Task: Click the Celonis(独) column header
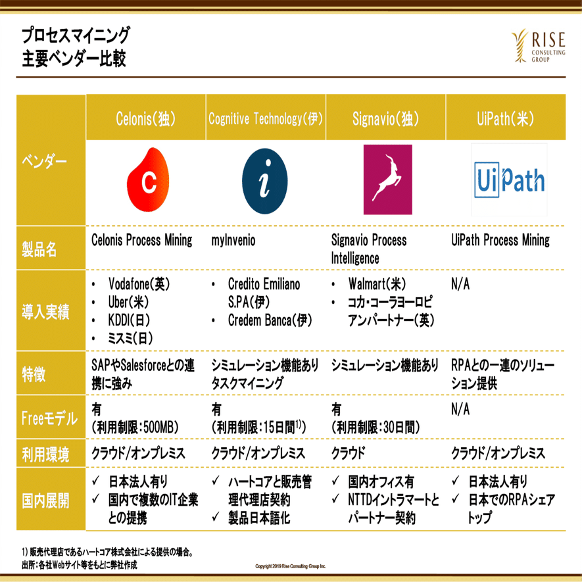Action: point(145,119)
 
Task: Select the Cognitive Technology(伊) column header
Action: point(266,119)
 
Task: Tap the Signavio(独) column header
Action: point(385,119)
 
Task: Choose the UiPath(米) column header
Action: point(505,119)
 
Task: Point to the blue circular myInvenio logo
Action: point(264,180)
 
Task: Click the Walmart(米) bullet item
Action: point(377,285)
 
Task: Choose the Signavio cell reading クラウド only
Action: point(348,453)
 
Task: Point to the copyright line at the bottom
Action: point(291,566)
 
